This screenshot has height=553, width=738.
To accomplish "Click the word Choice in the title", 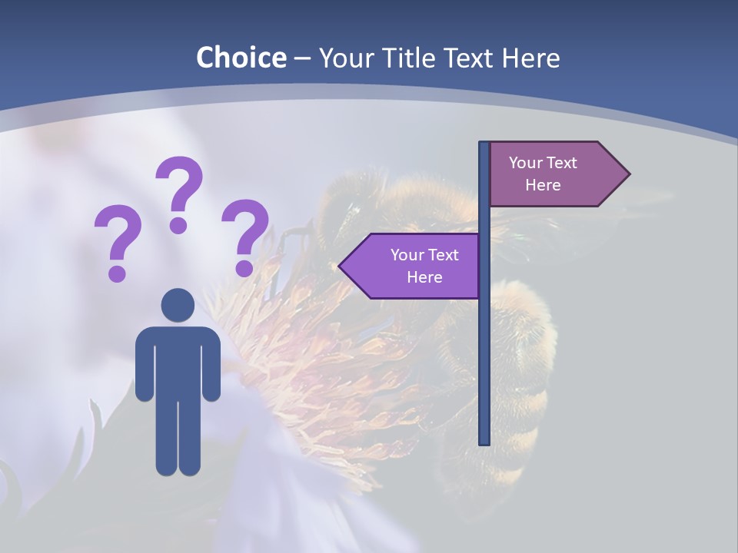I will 241,58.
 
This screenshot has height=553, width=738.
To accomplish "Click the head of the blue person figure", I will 178,305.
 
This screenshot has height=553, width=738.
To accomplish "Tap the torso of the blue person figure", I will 178,361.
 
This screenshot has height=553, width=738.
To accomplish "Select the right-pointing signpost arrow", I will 553,174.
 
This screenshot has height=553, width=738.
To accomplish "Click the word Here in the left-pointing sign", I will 424,277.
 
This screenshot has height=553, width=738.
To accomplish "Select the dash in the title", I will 302,58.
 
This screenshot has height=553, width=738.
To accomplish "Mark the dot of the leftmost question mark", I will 117,273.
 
